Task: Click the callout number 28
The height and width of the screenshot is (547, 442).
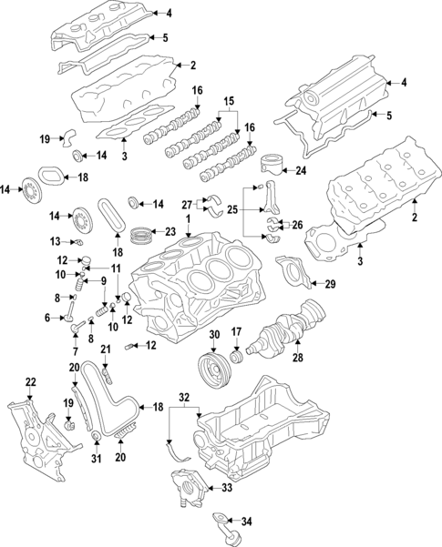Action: click(296, 359)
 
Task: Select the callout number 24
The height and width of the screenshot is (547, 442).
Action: click(301, 170)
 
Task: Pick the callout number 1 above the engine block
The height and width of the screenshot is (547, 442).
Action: click(188, 220)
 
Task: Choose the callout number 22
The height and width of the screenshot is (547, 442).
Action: click(30, 381)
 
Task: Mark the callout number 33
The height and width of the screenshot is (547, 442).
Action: click(227, 488)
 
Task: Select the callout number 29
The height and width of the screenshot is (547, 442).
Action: click(329, 285)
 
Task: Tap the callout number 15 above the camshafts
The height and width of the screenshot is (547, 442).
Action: click(229, 99)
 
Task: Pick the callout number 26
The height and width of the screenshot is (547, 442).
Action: click(296, 224)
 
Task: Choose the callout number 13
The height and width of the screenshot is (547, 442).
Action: click(54, 241)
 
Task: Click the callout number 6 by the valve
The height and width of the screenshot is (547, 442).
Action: click(46, 317)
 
